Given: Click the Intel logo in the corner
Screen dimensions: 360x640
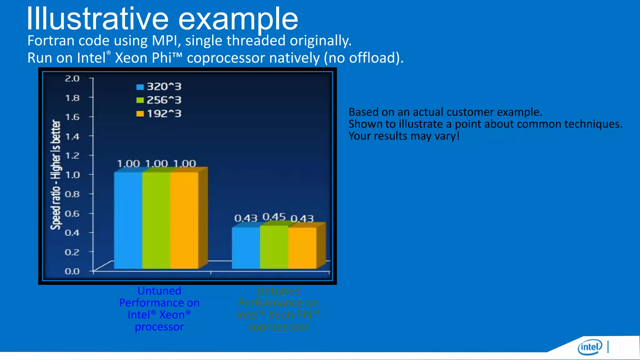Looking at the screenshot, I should [x=590, y=347].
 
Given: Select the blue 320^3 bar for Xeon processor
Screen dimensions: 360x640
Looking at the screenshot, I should [x=128, y=220].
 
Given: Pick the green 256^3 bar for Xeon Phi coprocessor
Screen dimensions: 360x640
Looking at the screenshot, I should [x=274, y=247].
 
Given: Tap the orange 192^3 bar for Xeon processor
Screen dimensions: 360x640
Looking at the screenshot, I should [x=184, y=220].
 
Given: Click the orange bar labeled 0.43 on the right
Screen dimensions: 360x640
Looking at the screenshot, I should [x=302, y=247].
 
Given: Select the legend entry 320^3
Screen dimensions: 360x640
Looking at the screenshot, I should [x=159, y=87].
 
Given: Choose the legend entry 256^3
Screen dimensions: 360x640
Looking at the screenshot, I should [x=159, y=100].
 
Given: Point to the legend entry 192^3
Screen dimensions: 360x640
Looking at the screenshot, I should [x=159, y=113].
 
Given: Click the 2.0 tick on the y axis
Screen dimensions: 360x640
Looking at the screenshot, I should [x=72, y=78].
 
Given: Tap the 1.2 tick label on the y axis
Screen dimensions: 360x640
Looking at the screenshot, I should [x=72, y=156].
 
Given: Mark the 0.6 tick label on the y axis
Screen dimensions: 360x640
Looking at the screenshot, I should [x=72, y=214].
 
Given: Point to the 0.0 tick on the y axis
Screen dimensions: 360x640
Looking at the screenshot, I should [x=72, y=271].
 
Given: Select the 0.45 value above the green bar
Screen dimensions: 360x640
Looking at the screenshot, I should [x=274, y=217].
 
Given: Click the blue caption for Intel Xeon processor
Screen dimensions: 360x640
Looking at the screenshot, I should [x=159, y=308].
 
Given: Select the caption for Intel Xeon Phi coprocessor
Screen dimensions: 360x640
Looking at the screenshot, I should [x=278, y=308].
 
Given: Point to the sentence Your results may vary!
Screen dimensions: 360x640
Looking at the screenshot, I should [x=404, y=136].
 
